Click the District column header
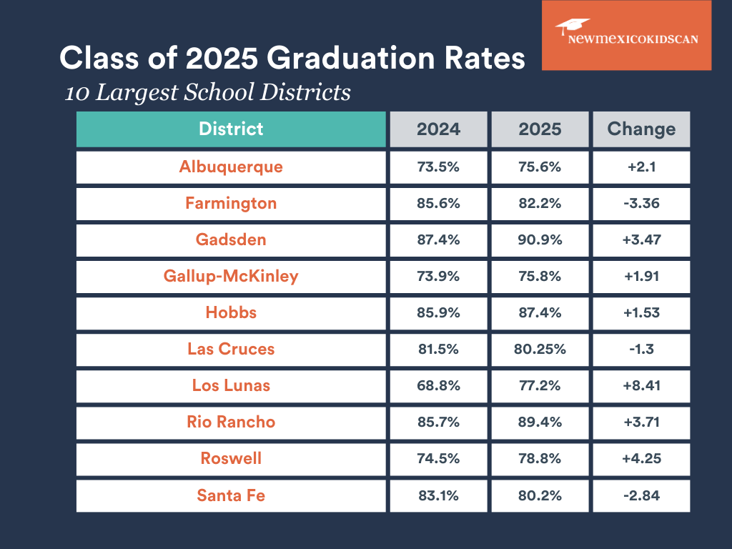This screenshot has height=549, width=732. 231,129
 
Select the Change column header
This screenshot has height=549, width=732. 641,129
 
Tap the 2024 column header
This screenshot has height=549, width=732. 438,129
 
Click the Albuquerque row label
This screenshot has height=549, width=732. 231,167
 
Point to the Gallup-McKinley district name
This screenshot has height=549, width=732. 231,276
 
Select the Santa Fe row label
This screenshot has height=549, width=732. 231,495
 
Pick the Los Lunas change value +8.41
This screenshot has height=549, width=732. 641,385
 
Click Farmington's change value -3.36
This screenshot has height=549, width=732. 641,203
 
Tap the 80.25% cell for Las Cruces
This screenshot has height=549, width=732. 540,349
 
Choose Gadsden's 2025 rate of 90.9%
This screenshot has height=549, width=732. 540,239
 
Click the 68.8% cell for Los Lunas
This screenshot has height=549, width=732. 438,385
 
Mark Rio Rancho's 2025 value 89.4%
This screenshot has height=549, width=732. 540,422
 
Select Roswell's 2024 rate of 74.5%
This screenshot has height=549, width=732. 438,458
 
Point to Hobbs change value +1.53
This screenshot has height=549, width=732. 641,312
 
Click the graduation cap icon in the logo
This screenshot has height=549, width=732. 573,26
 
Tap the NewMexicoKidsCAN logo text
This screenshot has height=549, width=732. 633,40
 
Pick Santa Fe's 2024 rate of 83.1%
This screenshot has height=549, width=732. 438,495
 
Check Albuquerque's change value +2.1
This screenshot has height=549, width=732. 641,167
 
